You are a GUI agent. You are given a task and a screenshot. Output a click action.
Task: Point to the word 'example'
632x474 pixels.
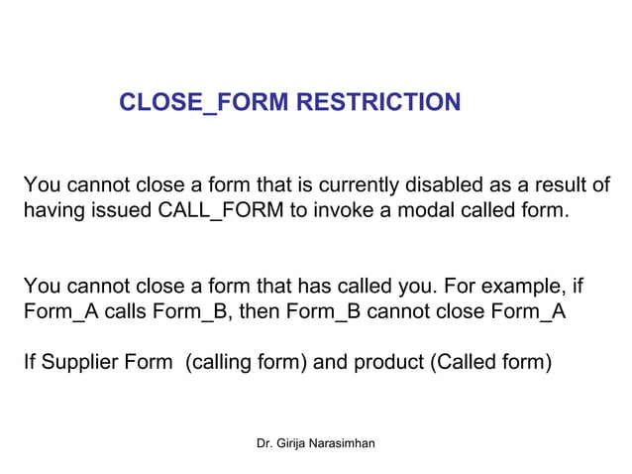click(522, 289)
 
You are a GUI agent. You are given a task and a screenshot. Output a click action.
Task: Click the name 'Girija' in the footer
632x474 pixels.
click(293, 442)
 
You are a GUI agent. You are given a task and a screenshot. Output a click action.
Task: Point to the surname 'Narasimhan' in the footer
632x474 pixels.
click(345, 442)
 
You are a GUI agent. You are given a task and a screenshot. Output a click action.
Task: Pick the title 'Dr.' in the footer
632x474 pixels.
click(263, 442)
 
